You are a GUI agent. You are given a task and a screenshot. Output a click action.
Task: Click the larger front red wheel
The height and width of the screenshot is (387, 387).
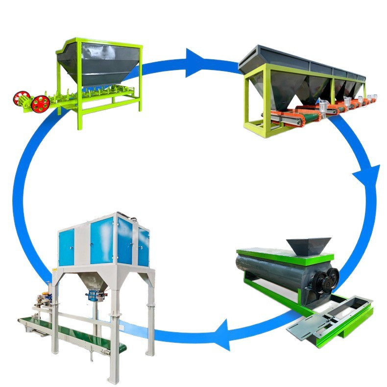(x=40, y=103)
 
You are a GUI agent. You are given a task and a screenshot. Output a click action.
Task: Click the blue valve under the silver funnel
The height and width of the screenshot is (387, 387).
(x=93, y=295)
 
